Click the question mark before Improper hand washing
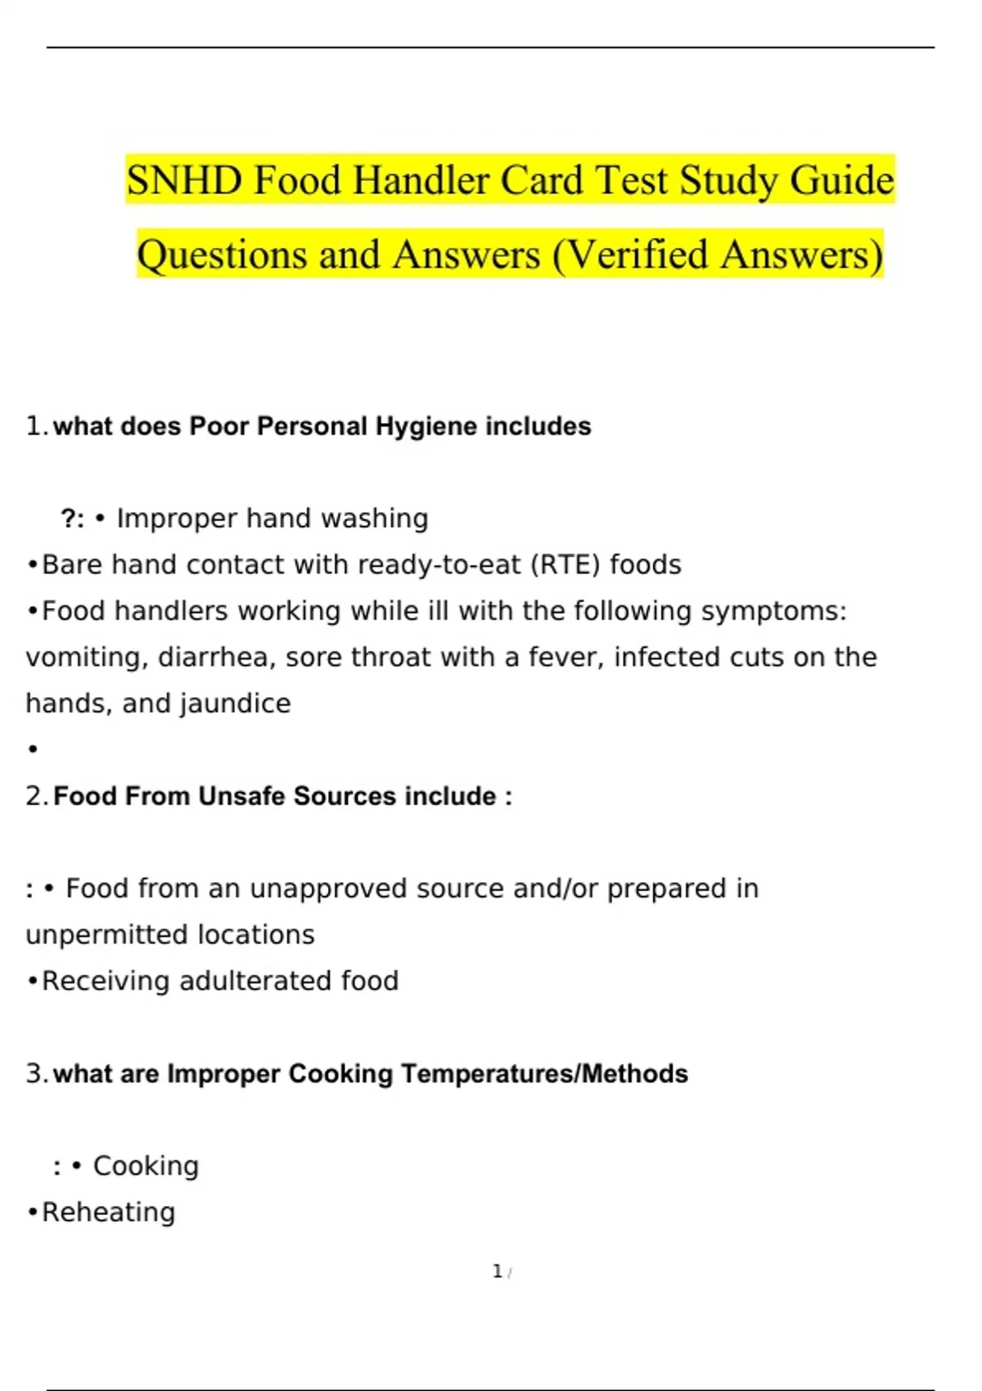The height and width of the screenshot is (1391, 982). click(x=69, y=519)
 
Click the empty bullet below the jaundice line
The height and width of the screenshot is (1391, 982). click(x=33, y=750)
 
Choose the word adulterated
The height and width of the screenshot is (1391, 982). click(x=255, y=981)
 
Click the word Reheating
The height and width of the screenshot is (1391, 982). click(x=108, y=1213)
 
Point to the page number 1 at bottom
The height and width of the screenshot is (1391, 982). click(x=497, y=1272)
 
